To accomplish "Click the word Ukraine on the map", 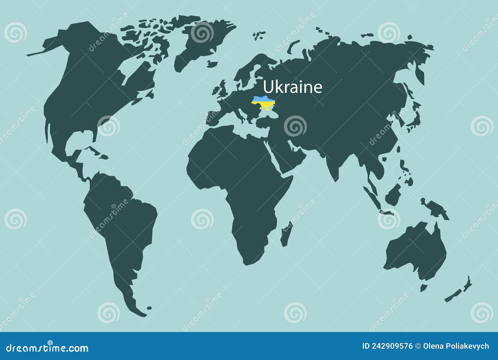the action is (293, 87).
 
